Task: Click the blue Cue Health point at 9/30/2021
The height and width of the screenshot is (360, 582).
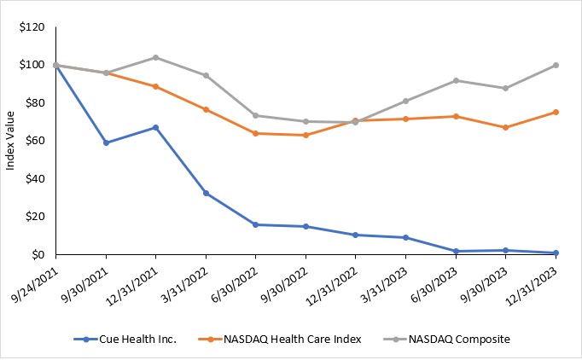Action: [x=106, y=142]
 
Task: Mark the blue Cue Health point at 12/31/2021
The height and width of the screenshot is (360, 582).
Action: [x=155, y=127]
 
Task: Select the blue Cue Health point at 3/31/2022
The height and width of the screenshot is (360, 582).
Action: [x=206, y=193]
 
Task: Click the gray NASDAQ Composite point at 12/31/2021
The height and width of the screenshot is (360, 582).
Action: [x=155, y=57]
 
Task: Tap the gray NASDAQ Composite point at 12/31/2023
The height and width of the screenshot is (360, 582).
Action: [x=556, y=65]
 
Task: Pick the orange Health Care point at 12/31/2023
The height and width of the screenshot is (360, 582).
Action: [x=556, y=112]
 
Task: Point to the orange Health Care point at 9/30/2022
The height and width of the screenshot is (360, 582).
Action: [x=306, y=135]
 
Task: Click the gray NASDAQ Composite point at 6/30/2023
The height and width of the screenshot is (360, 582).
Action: [x=456, y=80]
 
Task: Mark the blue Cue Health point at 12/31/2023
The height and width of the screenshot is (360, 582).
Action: [x=556, y=253]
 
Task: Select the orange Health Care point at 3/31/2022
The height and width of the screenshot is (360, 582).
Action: [x=206, y=109]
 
